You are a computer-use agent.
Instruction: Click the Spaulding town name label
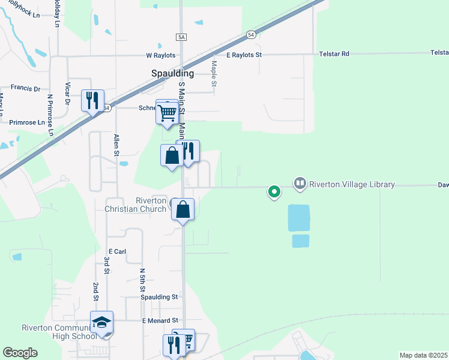tap(172, 73)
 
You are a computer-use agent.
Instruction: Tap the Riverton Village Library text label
tap(352, 184)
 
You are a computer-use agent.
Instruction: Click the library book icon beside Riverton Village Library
tap(300, 182)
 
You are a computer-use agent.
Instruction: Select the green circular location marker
tap(274, 192)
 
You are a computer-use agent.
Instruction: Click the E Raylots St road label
tap(244, 55)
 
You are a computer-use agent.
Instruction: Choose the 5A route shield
tap(182, 37)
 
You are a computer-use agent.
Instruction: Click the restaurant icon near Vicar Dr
tap(92, 100)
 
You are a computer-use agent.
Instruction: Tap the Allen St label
tap(116, 145)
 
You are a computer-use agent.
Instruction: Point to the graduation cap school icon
tap(101, 322)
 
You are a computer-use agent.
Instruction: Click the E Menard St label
tap(161, 321)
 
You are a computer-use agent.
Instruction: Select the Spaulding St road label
tap(159, 297)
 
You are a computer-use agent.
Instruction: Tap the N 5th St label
tap(143, 280)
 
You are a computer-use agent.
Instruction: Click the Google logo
tap(20, 353)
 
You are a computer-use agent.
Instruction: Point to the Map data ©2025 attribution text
tap(423, 355)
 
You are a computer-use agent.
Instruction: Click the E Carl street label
tap(116, 251)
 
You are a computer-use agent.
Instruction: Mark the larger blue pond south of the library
tap(299, 218)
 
